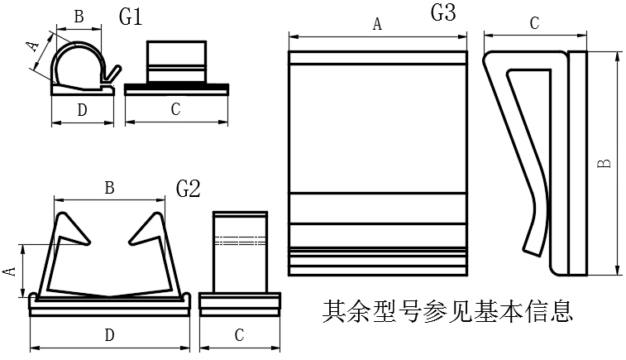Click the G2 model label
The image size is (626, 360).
[189, 189]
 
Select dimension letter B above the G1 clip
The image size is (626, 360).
[79, 16]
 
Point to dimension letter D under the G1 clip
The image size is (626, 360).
[82, 109]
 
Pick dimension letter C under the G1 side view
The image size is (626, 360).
[175, 109]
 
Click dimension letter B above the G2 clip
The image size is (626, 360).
[108, 188]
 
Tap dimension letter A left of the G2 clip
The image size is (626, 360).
[9, 271]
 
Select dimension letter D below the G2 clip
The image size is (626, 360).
[108, 335]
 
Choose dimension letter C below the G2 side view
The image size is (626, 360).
[239, 335]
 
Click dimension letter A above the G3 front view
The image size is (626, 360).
[377, 25]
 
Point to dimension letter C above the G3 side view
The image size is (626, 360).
[534, 24]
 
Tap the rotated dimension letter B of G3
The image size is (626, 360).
[605, 164]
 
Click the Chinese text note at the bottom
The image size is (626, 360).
[447, 312]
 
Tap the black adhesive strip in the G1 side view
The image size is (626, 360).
[175, 85]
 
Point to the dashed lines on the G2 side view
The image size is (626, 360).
[240, 241]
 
